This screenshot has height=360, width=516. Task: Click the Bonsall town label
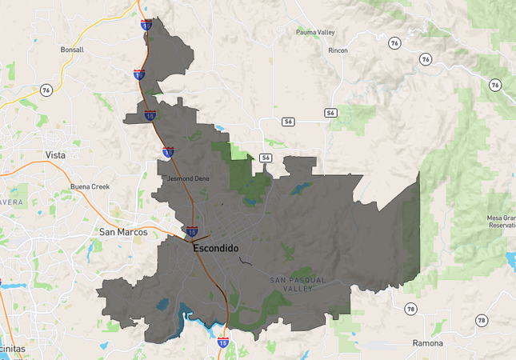(72, 50)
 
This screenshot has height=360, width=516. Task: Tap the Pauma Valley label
(314, 32)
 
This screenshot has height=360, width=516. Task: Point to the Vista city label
(55, 154)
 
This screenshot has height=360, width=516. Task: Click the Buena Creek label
(90, 186)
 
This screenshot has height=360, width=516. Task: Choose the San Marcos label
(123, 232)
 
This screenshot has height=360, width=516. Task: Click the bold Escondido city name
(215, 248)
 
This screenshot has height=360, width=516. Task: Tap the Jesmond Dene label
(188, 178)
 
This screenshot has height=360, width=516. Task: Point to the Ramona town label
(427, 342)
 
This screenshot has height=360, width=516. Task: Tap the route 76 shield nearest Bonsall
(46, 90)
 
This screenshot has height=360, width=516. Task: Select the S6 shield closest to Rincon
(330, 113)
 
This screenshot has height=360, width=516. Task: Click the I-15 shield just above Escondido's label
(192, 231)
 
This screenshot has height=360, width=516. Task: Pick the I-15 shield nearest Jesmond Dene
(168, 151)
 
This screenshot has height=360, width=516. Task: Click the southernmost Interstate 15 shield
(222, 342)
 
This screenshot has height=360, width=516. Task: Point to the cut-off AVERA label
(11, 202)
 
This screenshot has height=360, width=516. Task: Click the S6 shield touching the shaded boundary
(266, 158)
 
